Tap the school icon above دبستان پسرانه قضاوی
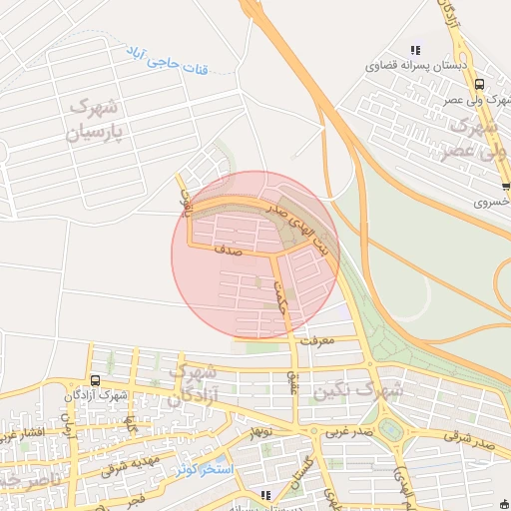[415, 50]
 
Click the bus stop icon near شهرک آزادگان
[95, 380]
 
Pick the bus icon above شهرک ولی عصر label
[480, 85]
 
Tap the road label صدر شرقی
[472, 442]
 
